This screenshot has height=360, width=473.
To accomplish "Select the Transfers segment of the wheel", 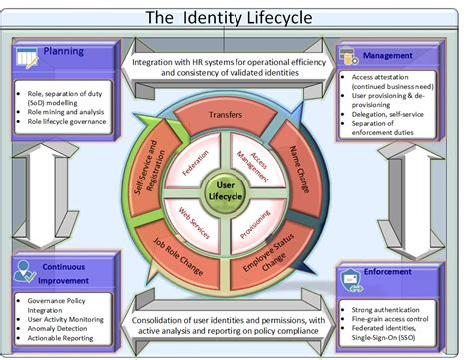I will [227, 115].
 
